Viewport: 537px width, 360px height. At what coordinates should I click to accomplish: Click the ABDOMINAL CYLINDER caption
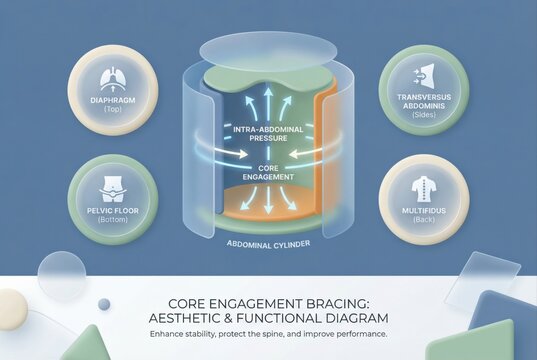268,243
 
